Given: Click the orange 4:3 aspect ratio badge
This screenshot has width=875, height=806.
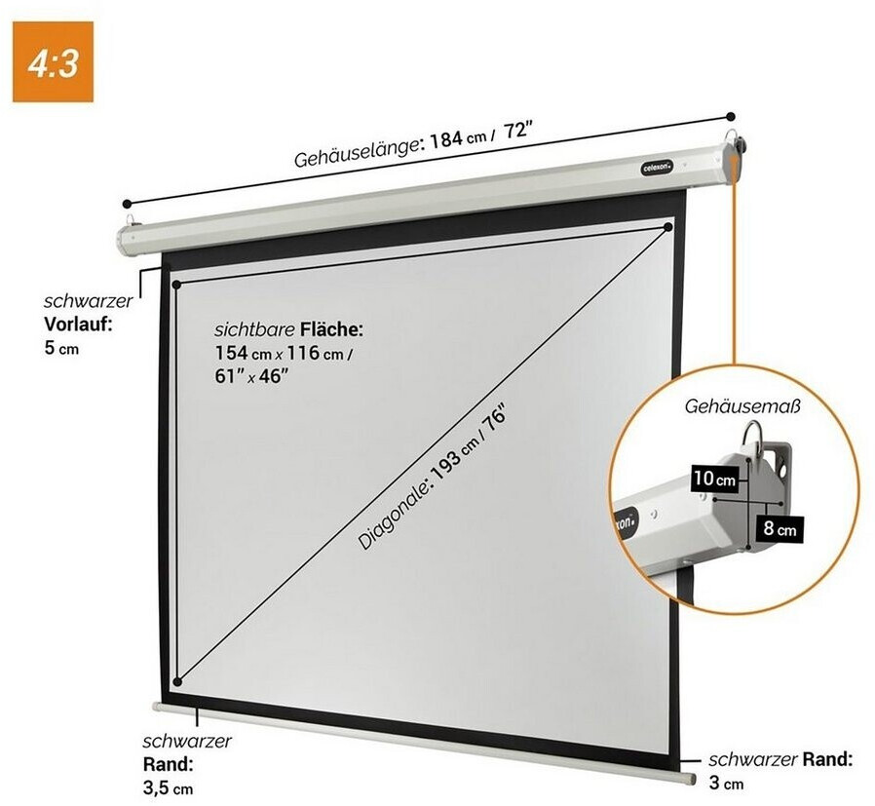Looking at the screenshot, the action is tap(53, 60).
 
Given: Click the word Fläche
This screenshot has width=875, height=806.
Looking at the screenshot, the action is tap(332, 329).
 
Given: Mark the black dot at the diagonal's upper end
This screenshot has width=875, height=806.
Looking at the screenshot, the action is tap(668, 228).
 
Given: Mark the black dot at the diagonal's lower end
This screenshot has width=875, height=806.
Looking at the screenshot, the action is tap(176, 681).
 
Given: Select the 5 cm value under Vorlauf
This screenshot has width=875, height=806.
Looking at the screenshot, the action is tap(62, 348).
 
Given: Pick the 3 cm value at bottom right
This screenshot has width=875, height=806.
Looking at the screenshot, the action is tap(726, 782).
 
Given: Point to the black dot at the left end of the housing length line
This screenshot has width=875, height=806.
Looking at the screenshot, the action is tap(127, 204).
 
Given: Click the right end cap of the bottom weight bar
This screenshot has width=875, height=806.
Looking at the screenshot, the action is tap(689, 779).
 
